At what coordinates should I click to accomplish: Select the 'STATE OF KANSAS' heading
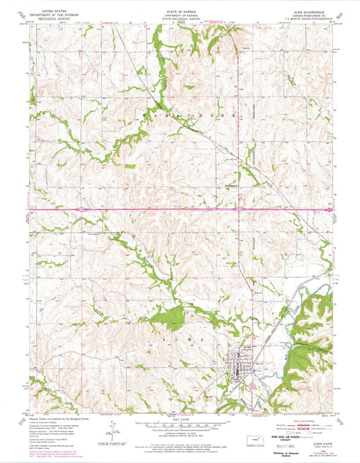(179, 7)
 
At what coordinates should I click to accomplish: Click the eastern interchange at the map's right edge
(328, 210)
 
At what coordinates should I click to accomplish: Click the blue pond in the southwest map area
(42, 312)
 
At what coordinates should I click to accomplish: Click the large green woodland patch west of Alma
(174, 316)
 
